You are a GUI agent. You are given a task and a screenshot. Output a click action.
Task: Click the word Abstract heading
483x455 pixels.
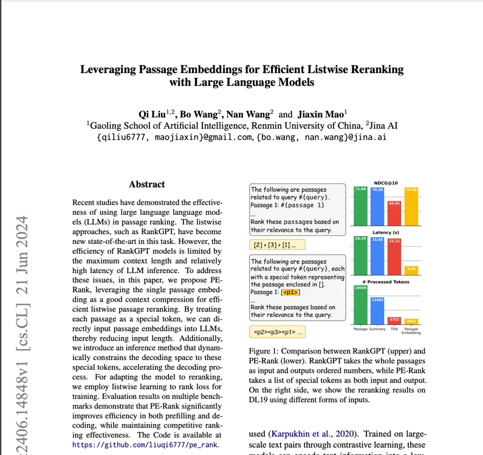(x=146, y=184)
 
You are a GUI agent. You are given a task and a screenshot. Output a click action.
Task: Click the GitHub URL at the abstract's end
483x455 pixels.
(x=145, y=445)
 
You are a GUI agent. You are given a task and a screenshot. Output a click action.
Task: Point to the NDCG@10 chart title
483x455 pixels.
(x=386, y=182)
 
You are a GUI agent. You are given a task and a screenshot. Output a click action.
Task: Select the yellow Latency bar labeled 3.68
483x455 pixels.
(x=411, y=269)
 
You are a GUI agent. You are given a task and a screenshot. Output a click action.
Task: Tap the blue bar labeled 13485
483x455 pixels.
(x=377, y=312)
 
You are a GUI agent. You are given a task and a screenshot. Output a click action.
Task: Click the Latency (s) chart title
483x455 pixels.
(x=386, y=233)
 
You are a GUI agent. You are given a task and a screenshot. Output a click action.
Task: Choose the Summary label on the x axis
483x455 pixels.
(x=377, y=329)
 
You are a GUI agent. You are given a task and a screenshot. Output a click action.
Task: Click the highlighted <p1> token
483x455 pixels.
(x=290, y=293)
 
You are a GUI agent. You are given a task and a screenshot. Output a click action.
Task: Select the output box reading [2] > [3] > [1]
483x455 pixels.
(x=276, y=245)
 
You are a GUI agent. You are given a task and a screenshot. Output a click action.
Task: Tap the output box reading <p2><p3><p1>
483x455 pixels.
(x=276, y=333)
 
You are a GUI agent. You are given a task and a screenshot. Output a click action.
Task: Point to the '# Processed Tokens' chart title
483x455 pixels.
(x=386, y=282)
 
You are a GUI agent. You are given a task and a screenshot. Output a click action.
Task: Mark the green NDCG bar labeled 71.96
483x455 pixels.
(x=360, y=207)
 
